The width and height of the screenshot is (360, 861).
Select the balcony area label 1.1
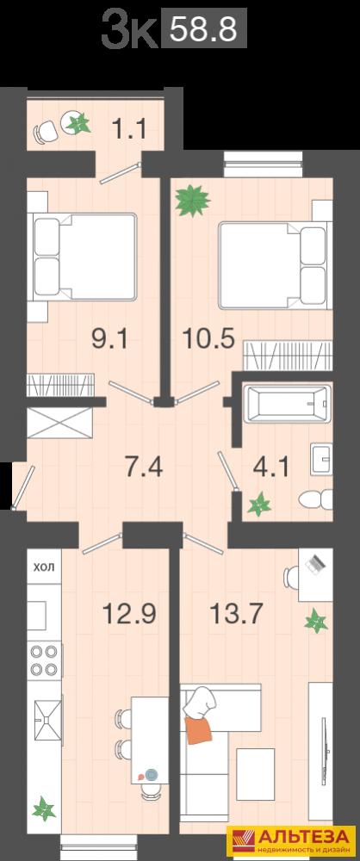coord(130,130)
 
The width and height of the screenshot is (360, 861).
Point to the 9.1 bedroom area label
coord(109,338)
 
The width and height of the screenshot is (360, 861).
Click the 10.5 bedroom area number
coord(208,338)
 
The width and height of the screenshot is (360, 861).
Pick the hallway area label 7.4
coord(144,467)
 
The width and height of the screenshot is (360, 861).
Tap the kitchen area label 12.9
coord(130,612)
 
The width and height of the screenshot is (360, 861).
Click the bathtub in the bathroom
coord(288,404)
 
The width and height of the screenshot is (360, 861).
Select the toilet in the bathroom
coord(315,500)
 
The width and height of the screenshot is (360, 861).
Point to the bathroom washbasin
coord(321,459)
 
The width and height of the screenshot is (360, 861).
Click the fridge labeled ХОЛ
coord(45,567)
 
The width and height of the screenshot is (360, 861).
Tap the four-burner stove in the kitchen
coord(45,660)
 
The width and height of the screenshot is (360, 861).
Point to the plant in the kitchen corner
coord(44,808)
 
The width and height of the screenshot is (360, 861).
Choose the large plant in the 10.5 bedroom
coord(192,201)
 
